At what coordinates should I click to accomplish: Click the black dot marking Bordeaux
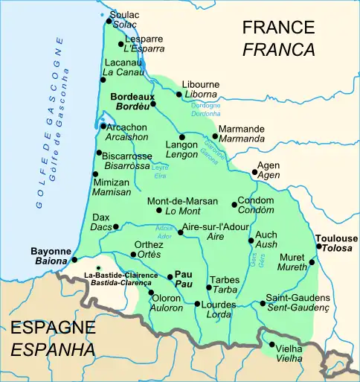click(x=154, y=104)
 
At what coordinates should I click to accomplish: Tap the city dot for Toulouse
click(x=319, y=246)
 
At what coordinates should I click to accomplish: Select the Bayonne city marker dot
click(x=74, y=259)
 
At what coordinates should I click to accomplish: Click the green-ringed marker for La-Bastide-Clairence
click(x=98, y=268)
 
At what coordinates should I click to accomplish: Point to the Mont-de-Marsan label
click(x=182, y=201)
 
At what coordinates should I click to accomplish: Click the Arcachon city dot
click(x=103, y=126)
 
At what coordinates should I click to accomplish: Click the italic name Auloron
click(x=167, y=307)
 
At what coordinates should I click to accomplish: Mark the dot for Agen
click(x=254, y=172)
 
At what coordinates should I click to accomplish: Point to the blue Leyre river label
click(x=159, y=168)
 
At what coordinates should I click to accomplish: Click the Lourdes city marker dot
click(x=197, y=304)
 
